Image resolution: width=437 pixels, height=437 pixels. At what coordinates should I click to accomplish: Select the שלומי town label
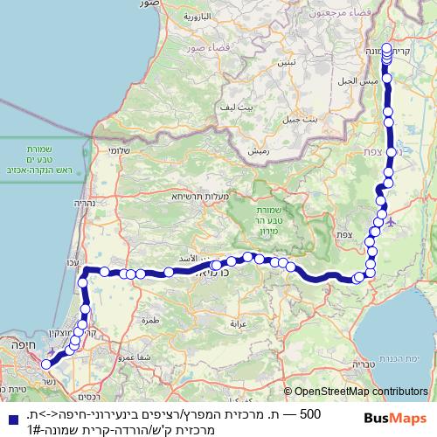pos(121,151)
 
